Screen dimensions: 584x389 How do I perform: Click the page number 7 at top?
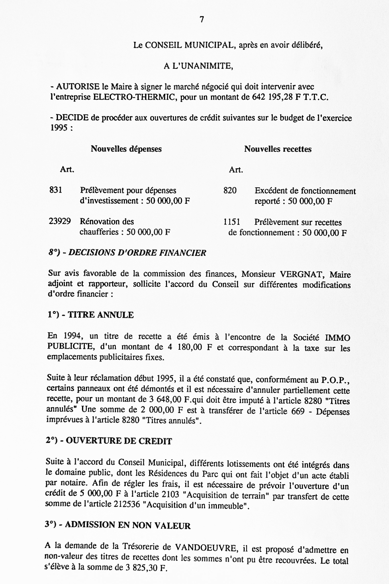[202, 20]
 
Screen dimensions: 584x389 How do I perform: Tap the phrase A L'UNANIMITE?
[198, 66]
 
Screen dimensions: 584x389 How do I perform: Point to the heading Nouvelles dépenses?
[126, 149]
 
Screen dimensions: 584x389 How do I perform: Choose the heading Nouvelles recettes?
[278, 149]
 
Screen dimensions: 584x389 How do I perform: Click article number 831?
[55, 190]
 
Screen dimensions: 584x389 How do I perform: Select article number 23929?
[60, 221]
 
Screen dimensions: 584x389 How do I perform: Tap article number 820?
[230, 190]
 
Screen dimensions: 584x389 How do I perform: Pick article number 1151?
[232, 222]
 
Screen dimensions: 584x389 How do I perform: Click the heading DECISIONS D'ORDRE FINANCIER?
[137, 253]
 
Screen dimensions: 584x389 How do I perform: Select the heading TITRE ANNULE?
[101, 315]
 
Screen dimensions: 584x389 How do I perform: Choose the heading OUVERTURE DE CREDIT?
[119, 441]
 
